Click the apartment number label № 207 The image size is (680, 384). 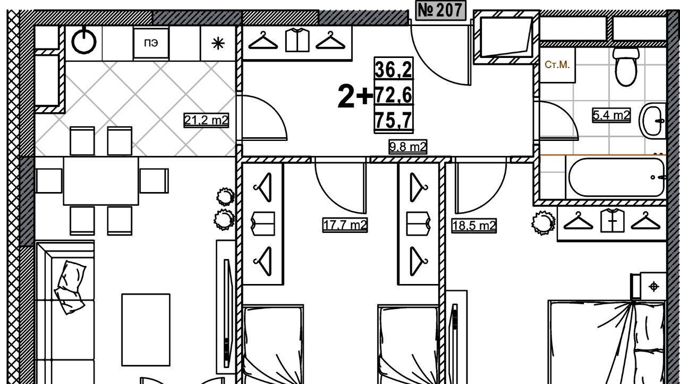pyautogui.click(x=440, y=10)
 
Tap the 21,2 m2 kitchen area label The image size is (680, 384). pyautogui.click(x=206, y=120)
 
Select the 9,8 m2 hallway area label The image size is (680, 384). pyautogui.click(x=408, y=147)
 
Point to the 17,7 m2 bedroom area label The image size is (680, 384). pyautogui.click(x=345, y=225)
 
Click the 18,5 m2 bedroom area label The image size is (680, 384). pyautogui.click(x=474, y=226)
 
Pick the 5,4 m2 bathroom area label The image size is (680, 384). pyautogui.click(x=611, y=115)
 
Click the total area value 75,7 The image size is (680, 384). pyautogui.click(x=394, y=120)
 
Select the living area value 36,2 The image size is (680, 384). pyautogui.click(x=394, y=69)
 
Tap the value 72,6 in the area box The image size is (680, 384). pyautogui.click(x=394, y=95)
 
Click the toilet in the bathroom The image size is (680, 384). pyautogui.click(x=626, y=66)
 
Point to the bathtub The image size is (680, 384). pyautogui.click(x=616, y=178)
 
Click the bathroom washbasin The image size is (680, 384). pyautogui.click(x=652, y=121)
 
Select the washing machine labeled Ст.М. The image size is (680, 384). pyautogui.click(x=557, y=65)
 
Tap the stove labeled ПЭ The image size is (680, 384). pyautogui.click(x=151, y=43)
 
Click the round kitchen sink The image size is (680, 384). pyautogui.click(x=84, y=41)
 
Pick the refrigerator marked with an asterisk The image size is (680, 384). pyautogui.click(x=218, y=43)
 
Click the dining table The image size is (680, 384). pyautogui.click(x=101, y=181)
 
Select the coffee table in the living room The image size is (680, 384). pyautogui.click(x=146, y=330)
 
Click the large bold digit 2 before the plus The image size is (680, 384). pyautogui.click(x=346, y=96)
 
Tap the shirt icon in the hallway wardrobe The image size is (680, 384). pyautogui.click(x=297, y=40)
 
